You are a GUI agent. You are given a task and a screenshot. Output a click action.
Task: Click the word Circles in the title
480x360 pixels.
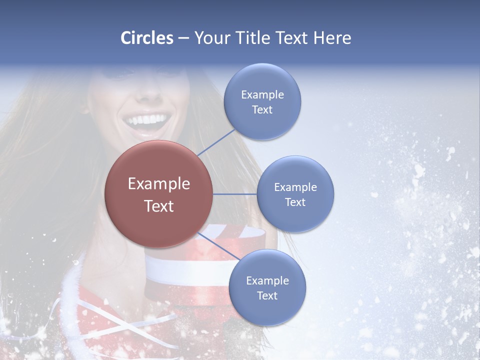tap(147, 38)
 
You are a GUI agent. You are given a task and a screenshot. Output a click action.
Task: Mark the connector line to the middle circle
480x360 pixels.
tap(235, 194)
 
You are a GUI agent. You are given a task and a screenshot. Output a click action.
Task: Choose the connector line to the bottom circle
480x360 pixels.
tap(219, 247)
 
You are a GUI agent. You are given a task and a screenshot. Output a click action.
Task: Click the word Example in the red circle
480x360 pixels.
tap(159, 183)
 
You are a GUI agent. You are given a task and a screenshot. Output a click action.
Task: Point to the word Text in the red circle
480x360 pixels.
tap(159, 206)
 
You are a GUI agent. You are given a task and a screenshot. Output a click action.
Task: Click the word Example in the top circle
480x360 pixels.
tap(262, 94)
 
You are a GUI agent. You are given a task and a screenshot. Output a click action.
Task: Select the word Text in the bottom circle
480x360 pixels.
tap(267, 295)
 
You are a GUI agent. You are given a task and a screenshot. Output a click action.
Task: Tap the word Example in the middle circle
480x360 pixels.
tap(295, 187)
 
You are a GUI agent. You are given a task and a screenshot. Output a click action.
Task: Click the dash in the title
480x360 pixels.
tap(183, 38)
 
